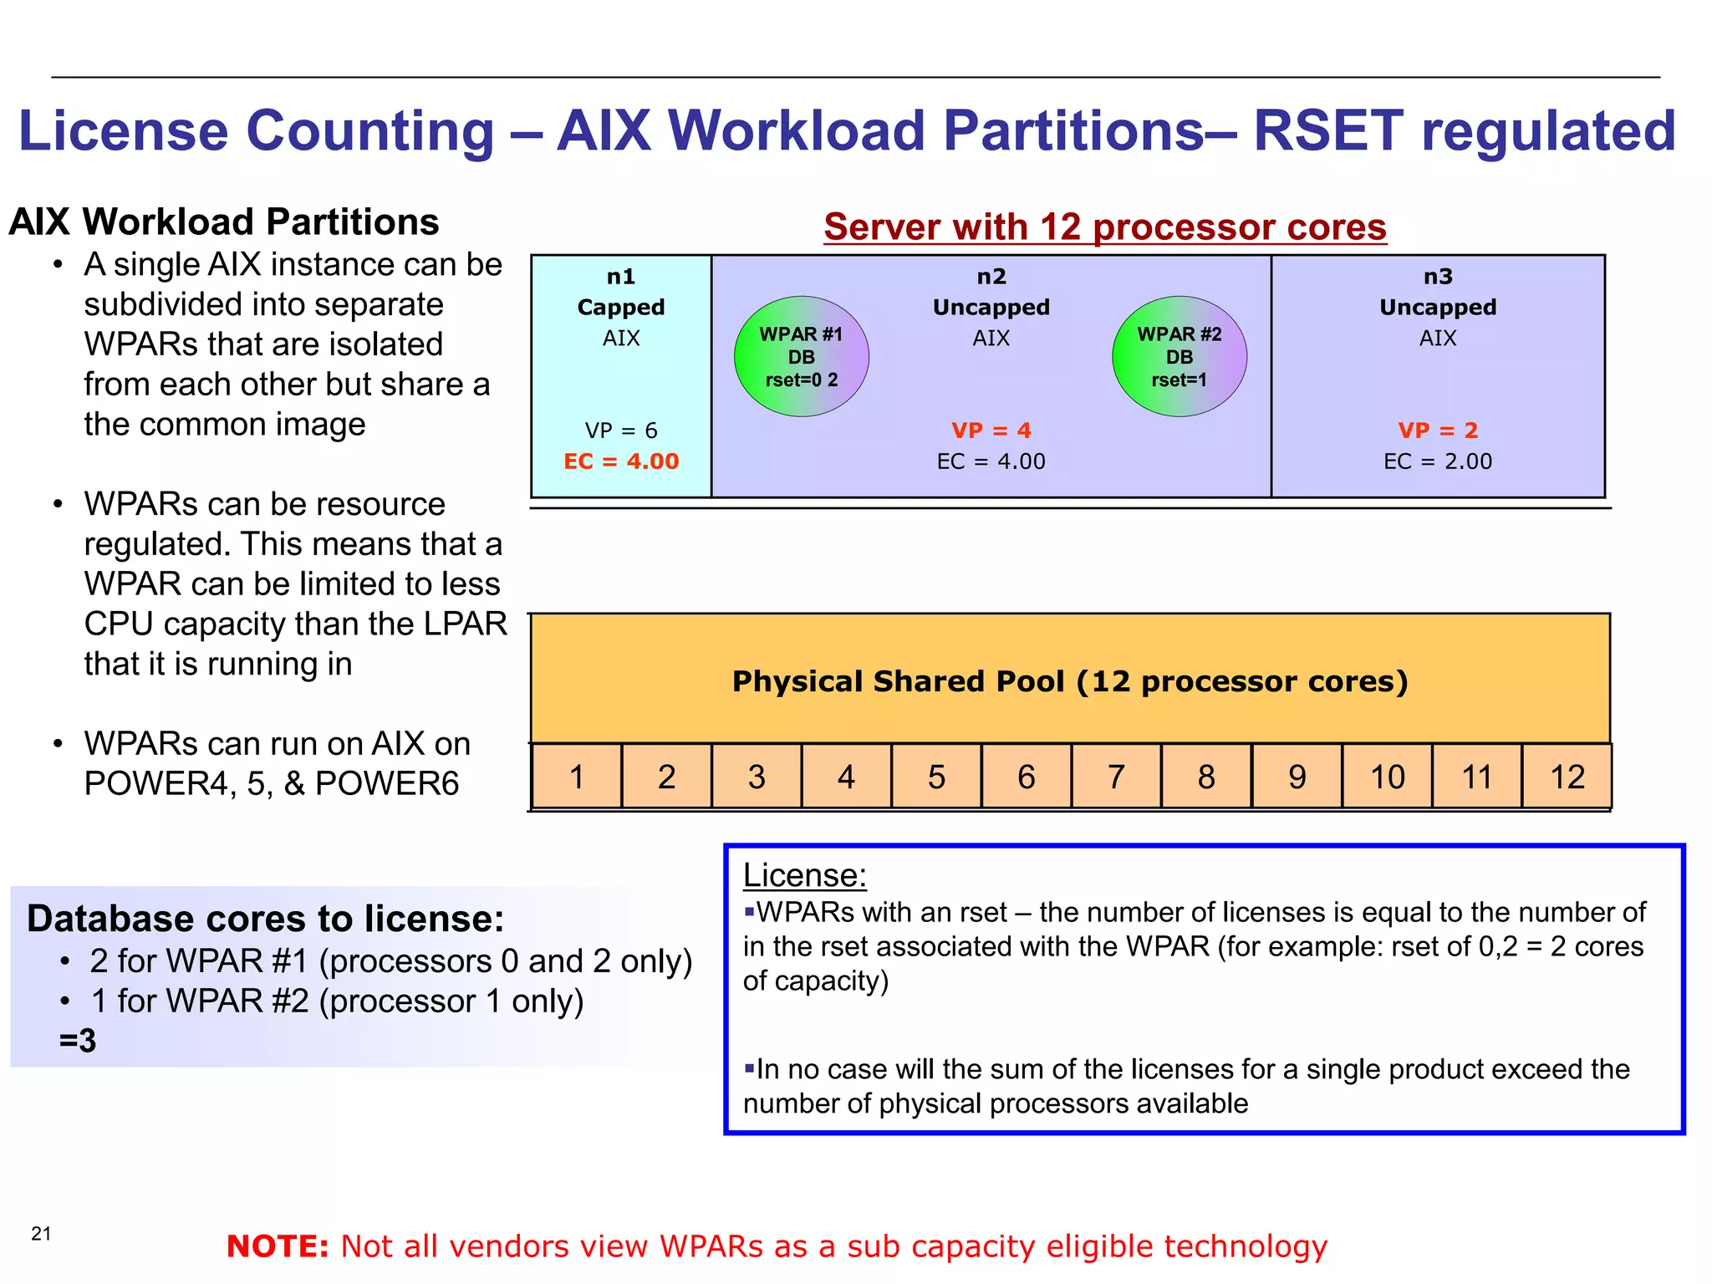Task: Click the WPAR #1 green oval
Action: (801, 357)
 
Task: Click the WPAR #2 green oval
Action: (1179, 357)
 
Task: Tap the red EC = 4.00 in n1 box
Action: (621, 461)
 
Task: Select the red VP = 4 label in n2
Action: (991, 431)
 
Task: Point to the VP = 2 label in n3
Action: (1438, 431)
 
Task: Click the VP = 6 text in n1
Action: (621, 431)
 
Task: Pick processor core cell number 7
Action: (1116, 777)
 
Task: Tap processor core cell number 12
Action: (1567, 777)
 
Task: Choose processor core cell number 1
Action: (576, 777)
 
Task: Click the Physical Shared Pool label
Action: (1070, 681)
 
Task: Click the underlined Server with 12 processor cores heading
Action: (1104, 227)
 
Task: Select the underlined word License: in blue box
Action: (804, 875)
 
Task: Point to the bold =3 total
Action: (78, 1041)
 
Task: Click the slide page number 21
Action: (41, 1233)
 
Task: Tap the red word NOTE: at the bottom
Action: (278, 1246)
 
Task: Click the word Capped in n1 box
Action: (621, 307)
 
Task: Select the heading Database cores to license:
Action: (266, 919)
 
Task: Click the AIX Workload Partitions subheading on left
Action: (224, 222)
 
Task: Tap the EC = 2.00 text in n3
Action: (1438, 461)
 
